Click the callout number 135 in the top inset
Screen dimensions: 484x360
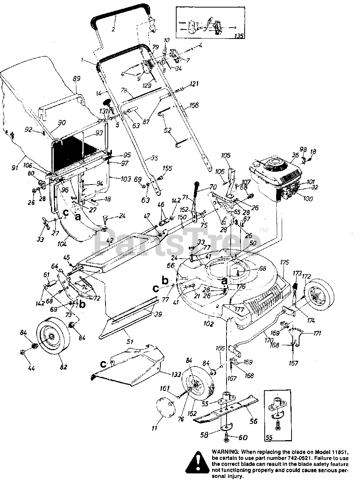238,36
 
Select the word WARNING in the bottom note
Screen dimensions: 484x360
225,452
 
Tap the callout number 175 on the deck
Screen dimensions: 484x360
284,262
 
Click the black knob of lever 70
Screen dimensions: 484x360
197,186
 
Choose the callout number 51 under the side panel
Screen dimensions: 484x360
130,341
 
